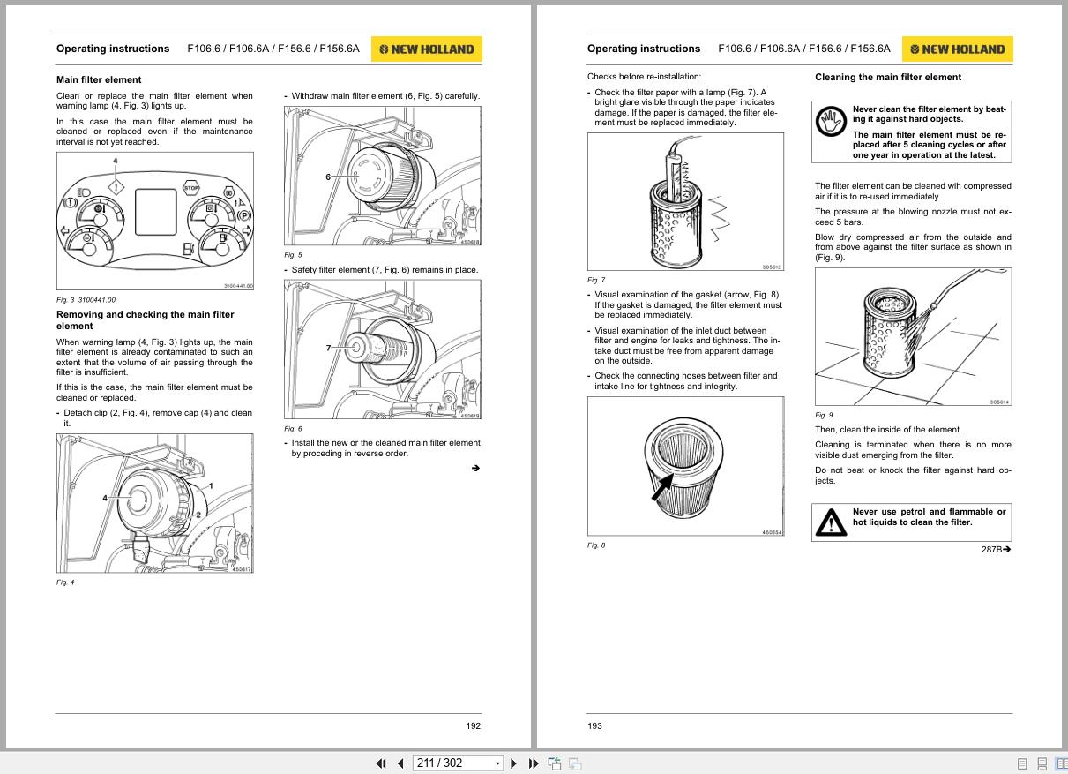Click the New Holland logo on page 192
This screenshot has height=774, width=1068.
[426, 49]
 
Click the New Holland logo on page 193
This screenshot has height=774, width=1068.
[957, 49]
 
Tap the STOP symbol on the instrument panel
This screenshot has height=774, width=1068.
[190, 188]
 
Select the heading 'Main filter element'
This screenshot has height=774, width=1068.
[99, 79]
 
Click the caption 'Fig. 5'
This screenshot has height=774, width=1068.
[293, 255]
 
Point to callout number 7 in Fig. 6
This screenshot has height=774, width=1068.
[328, 348]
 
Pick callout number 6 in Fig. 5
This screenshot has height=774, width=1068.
[328, 177]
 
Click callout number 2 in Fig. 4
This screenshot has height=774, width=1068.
[198, 515]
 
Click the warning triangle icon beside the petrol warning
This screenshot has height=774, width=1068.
[831, 522]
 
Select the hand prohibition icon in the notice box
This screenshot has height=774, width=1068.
[831, 121]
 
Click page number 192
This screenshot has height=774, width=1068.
[473, 725]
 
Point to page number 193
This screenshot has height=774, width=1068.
[594, 725]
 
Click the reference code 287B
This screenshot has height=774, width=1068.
[991, 549]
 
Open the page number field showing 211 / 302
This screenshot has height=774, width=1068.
[458, 763]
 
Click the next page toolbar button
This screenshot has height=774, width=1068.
[513, 763]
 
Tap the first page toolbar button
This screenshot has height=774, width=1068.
[381, 763]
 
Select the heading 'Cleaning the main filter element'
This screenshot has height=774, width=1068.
[888, 78]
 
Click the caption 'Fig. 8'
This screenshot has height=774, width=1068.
[596, 545]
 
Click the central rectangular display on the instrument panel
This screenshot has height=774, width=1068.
[156, 212]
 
